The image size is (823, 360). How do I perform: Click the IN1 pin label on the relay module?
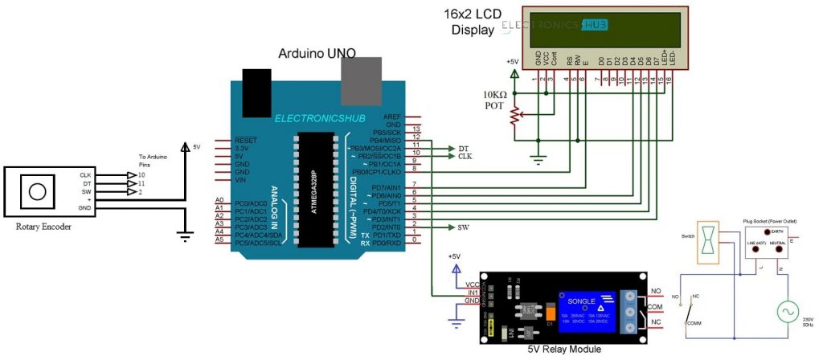click(x=471, y=292)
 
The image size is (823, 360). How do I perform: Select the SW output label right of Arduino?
click(x=464, y=227)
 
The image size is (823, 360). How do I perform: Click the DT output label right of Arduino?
click(x=463, y=149)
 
